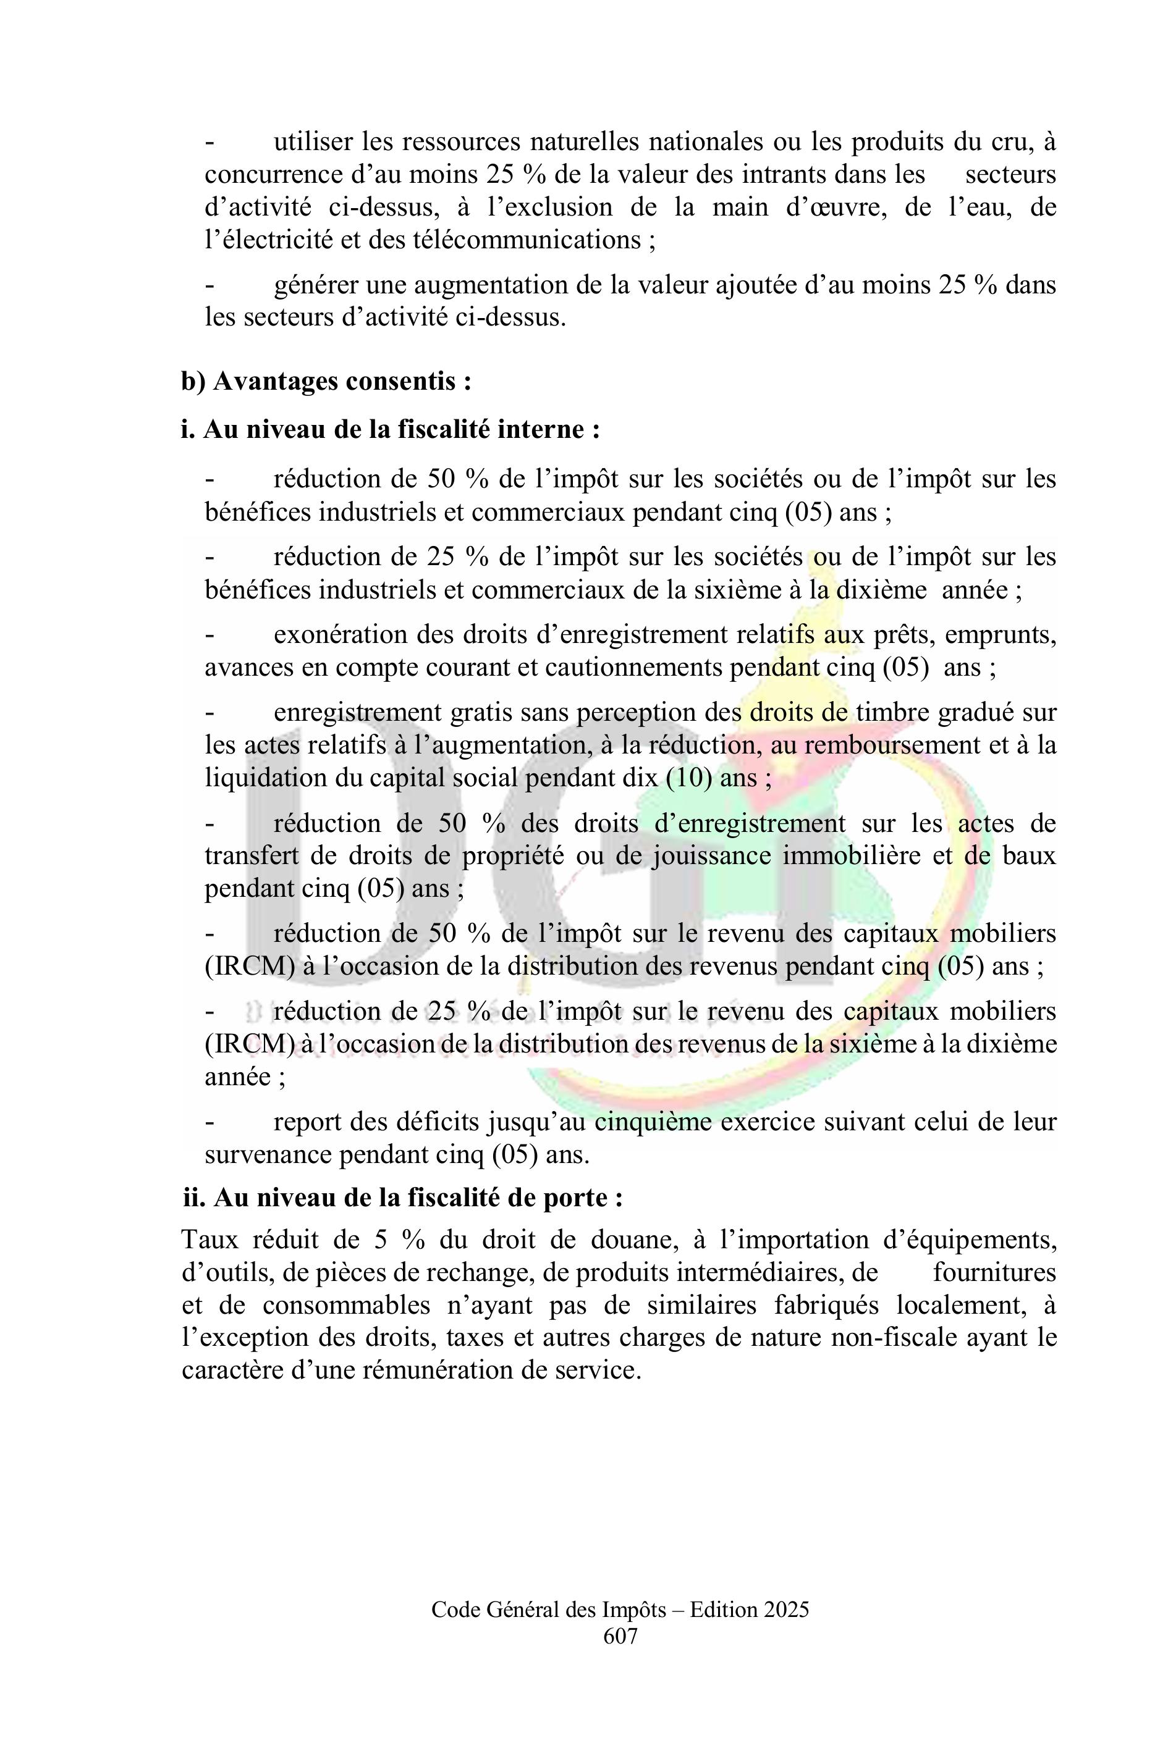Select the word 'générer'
(x=315, y=285)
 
